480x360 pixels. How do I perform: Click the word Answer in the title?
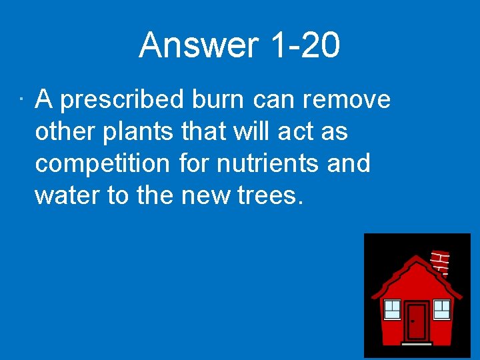click(198, 46)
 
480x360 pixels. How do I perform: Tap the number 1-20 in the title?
click(305, 46)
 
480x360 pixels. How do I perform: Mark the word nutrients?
click(269, 163)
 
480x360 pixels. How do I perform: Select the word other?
click(65, 131)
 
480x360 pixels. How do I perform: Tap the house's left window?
click(392, 309)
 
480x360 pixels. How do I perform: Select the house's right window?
click(442, 309)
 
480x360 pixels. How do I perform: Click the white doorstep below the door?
click(417, 344)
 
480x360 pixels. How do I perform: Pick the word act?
click(293, 132)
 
